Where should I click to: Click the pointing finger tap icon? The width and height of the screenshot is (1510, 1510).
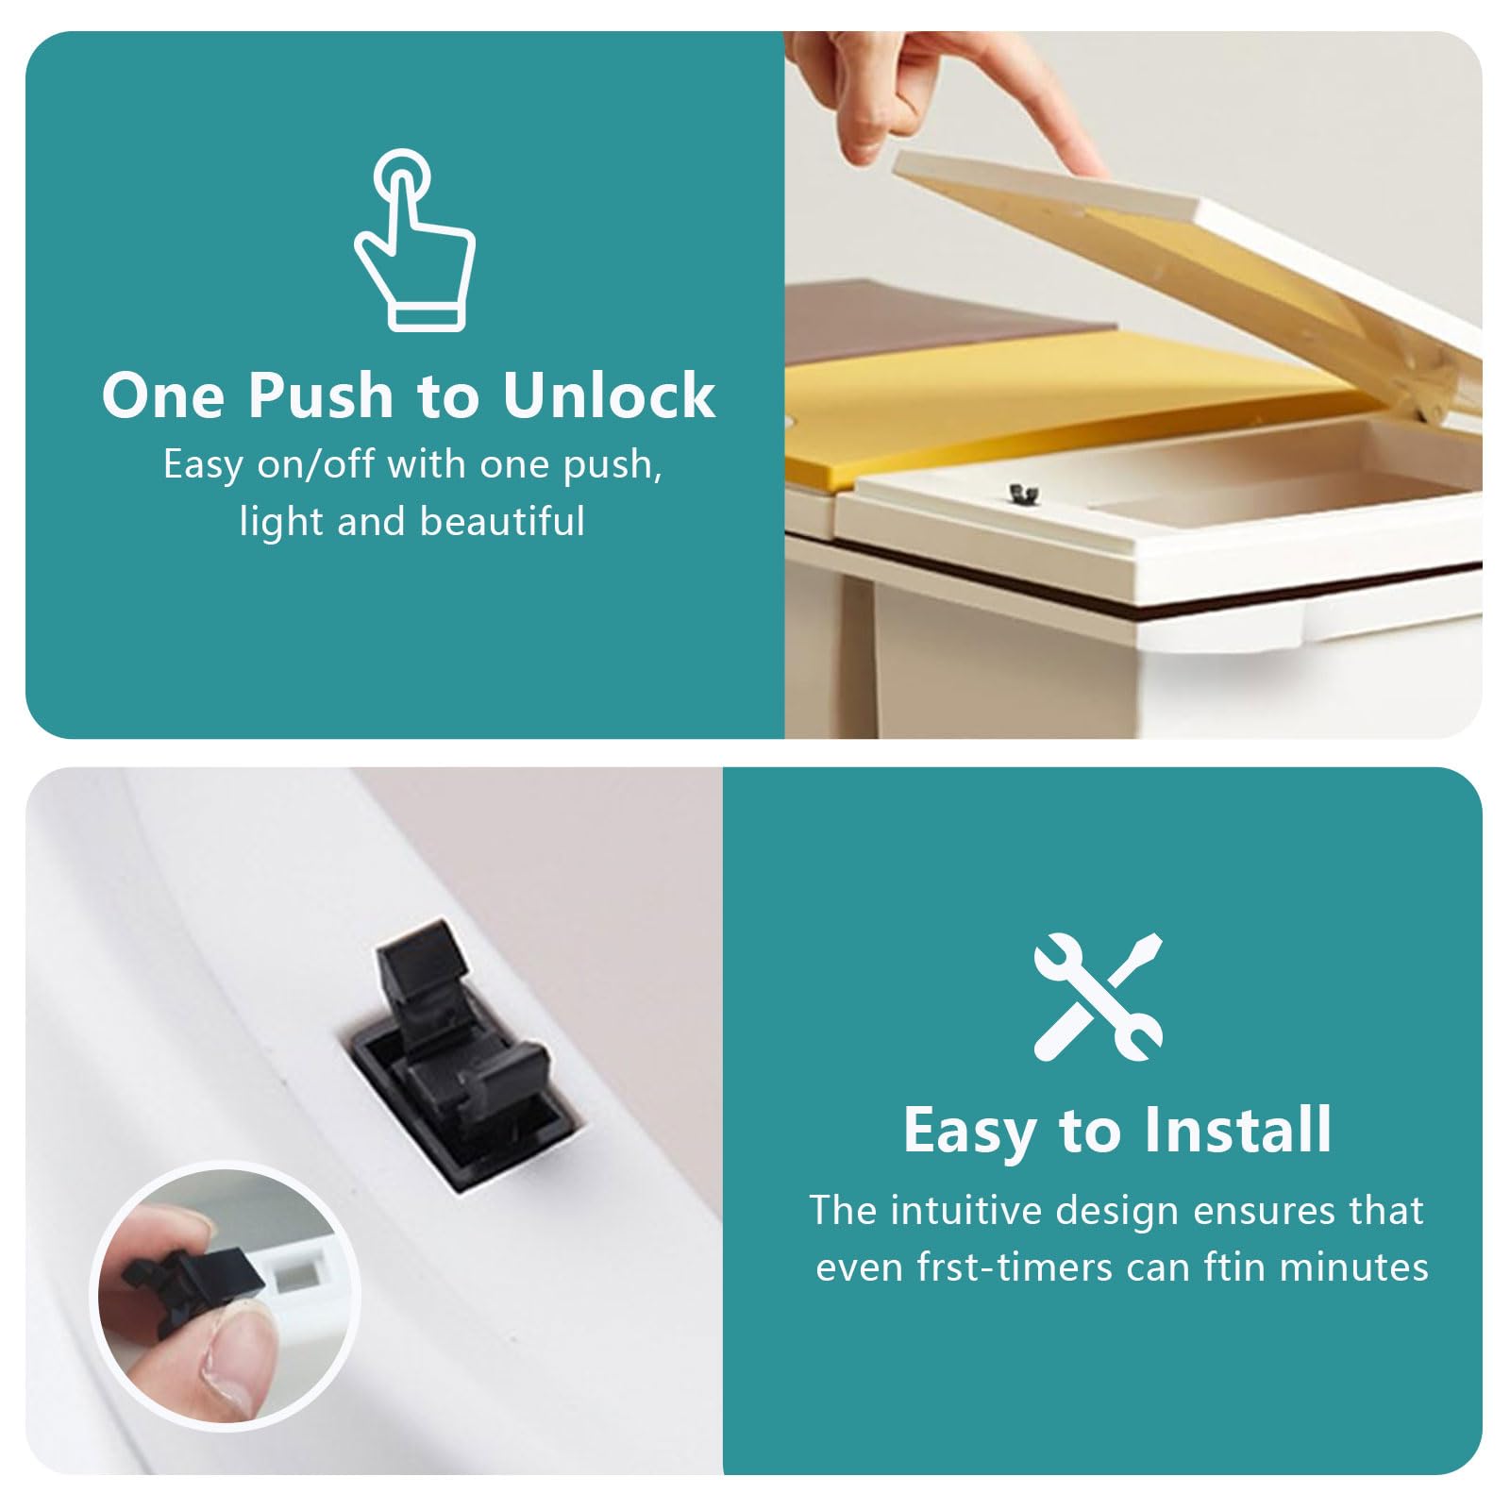(413, 241)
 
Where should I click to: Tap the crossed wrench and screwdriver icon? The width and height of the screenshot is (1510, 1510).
(1099, 997)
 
